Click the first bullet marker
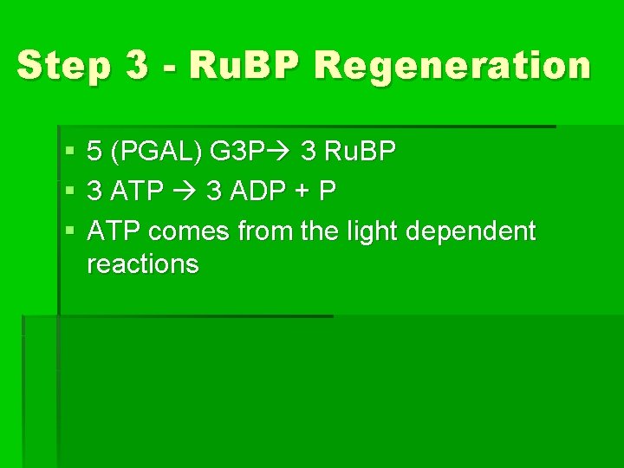tap(69, 153)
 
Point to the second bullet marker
tap(69, 192)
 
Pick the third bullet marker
tap(69, 231)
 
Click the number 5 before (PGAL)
tap(95, 153)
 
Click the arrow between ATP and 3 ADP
tap(185, 192)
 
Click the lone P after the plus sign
tap(327, 192)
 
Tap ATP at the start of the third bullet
tap(115, 231)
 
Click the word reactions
tap(143, 263)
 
